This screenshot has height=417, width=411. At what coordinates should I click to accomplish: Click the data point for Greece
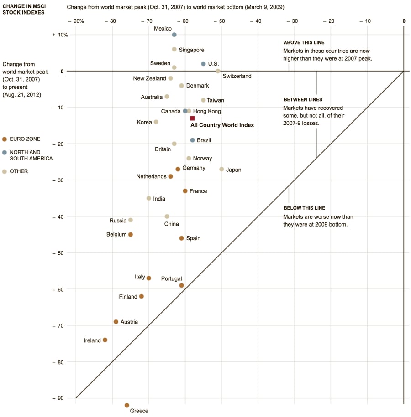pos(127,405)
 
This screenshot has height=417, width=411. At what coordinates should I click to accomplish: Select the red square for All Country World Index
pos(192,118)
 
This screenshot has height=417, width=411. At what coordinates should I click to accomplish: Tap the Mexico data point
pos(174,35)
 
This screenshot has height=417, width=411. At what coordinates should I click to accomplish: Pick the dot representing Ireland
pos(105,340)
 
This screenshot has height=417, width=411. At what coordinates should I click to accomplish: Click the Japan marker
pos(221,169)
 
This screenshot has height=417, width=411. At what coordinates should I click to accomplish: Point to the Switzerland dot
pos(218,71)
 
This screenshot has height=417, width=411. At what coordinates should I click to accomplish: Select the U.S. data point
pos(203,64)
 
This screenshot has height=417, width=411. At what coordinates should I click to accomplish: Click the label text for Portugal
pos(172,278)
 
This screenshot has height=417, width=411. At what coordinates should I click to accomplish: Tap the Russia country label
pos(118,221)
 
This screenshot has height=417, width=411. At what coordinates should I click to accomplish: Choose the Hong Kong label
pos(207,111)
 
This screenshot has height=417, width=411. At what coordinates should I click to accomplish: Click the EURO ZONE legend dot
pos(5,139)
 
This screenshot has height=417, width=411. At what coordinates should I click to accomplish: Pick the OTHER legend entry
pos(18,171)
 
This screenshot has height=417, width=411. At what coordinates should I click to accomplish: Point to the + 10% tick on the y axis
pos(60,35)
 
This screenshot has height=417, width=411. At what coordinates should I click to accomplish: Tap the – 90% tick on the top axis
pos(75,21)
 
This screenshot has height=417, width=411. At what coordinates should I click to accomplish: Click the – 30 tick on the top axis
pos(294,21)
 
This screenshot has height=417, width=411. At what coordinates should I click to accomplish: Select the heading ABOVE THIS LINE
pos(304,43)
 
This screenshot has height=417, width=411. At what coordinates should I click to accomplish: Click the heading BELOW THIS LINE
pos(304,208)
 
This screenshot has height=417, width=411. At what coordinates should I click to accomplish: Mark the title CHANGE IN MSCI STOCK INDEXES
pos(24,10)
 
